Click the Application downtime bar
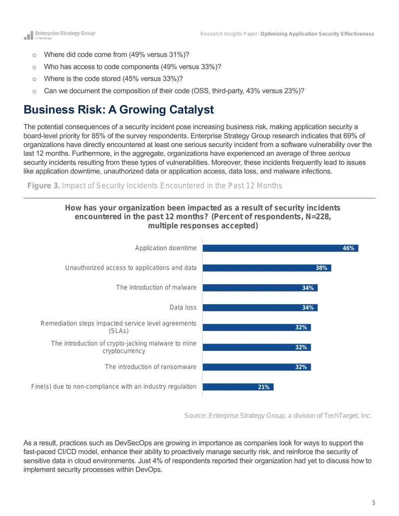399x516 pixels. [x=280, y=248]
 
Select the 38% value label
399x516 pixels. [x=321, y=268]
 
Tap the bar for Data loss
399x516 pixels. [x=260, y=308]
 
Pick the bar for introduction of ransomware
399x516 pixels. [x=257, y=367]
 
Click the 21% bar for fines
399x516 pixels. [x=238, y=387]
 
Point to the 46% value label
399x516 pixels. [x=348, y=248]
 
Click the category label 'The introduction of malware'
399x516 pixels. [x=156, y=287]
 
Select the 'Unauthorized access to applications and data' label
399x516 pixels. [x=131, y=268]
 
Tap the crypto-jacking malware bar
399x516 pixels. [x=257, y=347]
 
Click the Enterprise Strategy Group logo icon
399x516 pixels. [x=28, y=35]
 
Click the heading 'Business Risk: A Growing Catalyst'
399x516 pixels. [x=119, y=110]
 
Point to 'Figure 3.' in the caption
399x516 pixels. [x=43, y=185]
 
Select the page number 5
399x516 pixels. [x=374, y=503]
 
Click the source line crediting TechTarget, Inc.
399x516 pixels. [x=278, y=415]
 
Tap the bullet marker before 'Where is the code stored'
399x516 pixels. [x=34, y=79]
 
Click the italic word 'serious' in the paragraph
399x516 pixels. [x=339, y=154]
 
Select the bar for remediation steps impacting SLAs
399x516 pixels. [x=257, y=328]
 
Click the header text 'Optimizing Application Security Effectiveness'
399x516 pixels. [x=317, y=34]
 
